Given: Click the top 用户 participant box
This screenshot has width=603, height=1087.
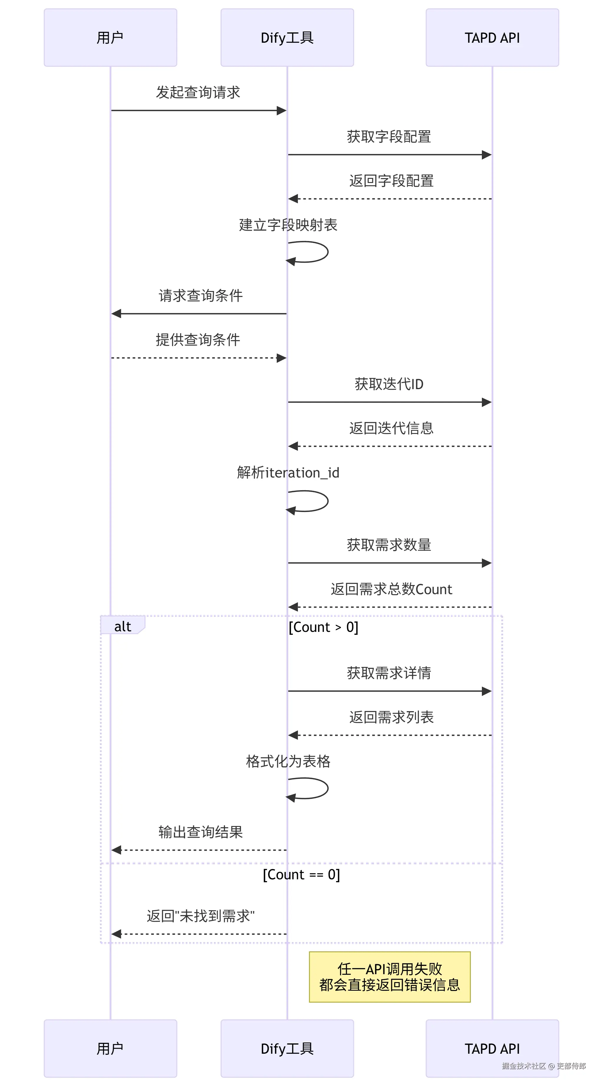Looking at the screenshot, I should coord(110,37).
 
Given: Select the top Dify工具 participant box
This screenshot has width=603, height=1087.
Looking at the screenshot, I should coord(287,37).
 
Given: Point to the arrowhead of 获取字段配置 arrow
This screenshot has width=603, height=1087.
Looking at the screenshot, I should coord(487,155).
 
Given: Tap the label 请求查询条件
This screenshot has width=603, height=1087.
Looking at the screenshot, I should coord(201,295).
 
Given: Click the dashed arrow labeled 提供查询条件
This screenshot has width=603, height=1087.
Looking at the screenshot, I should coord(198,358).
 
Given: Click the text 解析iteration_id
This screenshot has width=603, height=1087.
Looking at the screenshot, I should coord(288,473).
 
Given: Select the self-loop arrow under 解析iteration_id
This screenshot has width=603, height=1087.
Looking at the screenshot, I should coord(312,501).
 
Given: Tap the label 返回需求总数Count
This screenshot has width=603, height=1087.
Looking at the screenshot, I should coord(391,589).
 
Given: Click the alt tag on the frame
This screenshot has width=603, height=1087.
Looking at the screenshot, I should coord(123,626).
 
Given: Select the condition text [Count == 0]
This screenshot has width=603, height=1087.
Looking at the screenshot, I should coord(301,874).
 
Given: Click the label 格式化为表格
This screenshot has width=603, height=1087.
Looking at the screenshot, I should coord(288,761).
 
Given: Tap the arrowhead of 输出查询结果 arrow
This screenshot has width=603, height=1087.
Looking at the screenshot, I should coord(116,850).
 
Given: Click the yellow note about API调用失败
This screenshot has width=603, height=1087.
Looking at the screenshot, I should coord(389,977).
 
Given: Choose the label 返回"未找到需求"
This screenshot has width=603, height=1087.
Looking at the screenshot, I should coord(201,916).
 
